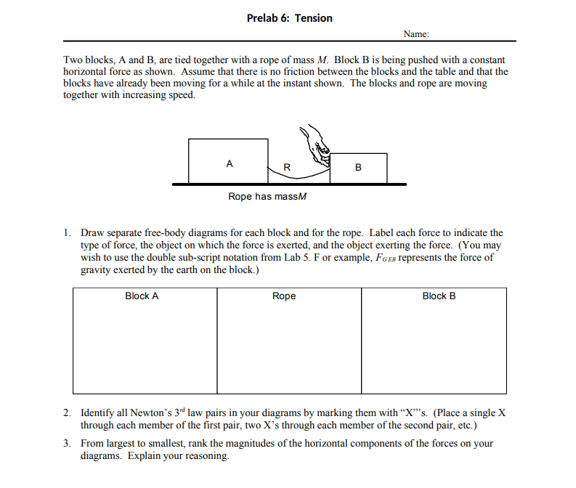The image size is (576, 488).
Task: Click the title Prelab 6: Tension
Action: [289, 18]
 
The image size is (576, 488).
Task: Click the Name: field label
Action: [416, 34]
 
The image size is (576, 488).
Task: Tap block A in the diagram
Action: [228, 161]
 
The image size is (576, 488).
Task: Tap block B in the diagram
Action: [358, 168]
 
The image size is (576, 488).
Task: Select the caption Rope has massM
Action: [267, 197]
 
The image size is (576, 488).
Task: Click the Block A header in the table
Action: [142, 296]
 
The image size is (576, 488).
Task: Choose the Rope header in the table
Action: [284, 296]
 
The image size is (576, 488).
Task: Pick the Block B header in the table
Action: [439, 296]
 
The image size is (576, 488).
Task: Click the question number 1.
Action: [66, 233]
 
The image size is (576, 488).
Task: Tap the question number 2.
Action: [66, 412]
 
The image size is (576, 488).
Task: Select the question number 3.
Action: [66, 444]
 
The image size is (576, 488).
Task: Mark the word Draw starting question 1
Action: [92, 233]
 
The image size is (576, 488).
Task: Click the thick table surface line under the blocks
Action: [289, 184]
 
